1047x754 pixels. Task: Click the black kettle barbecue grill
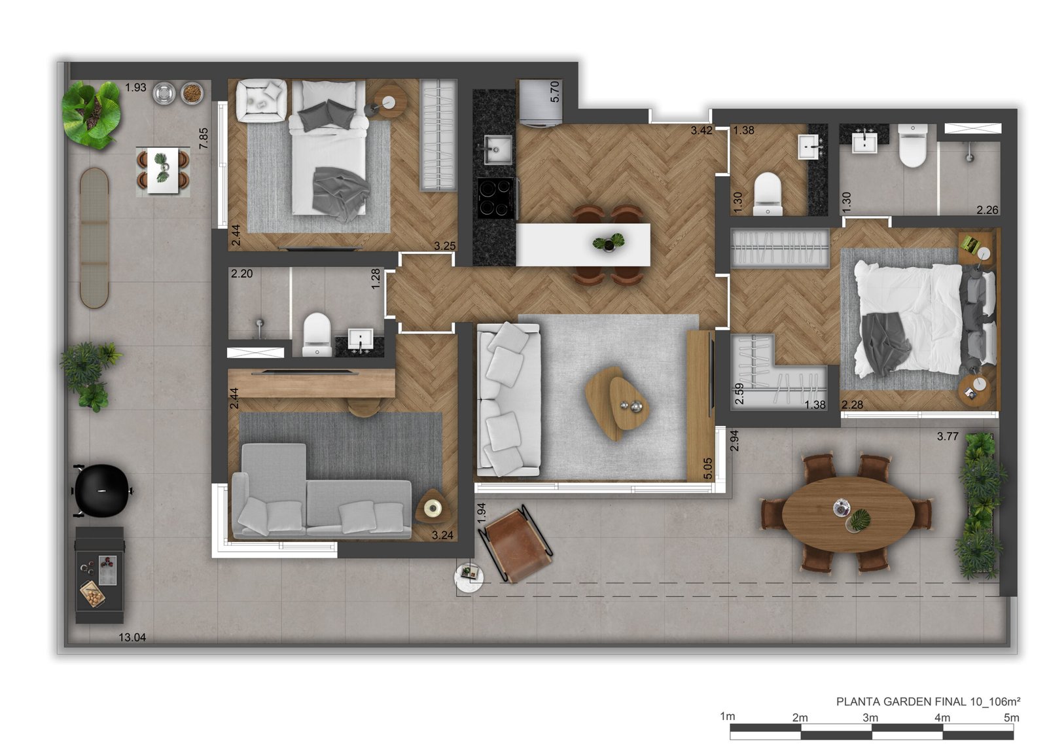point(101,491)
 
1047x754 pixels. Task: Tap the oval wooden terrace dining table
point(848,514)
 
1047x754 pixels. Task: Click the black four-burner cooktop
point(495,199)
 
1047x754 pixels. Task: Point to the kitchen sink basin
point(497,150)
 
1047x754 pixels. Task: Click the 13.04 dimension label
point(132,637)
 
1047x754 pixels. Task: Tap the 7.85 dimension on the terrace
point(204,139)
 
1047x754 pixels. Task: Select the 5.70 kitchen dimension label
point(554,92)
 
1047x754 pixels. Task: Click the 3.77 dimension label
point(948,436)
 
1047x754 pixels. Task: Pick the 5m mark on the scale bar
point(1012,717)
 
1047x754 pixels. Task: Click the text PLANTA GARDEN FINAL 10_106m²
point(928,702)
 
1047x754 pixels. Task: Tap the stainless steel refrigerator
point(541,103)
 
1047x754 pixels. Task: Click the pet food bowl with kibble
point(192,93)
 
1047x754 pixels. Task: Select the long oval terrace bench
point(94,238)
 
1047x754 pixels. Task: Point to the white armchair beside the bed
point(261,100)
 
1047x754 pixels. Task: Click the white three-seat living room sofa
point(508,400)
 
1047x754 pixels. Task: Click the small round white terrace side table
point(469,578)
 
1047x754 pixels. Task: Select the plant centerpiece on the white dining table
point(609,242)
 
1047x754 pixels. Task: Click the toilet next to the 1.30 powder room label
point(768,194)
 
